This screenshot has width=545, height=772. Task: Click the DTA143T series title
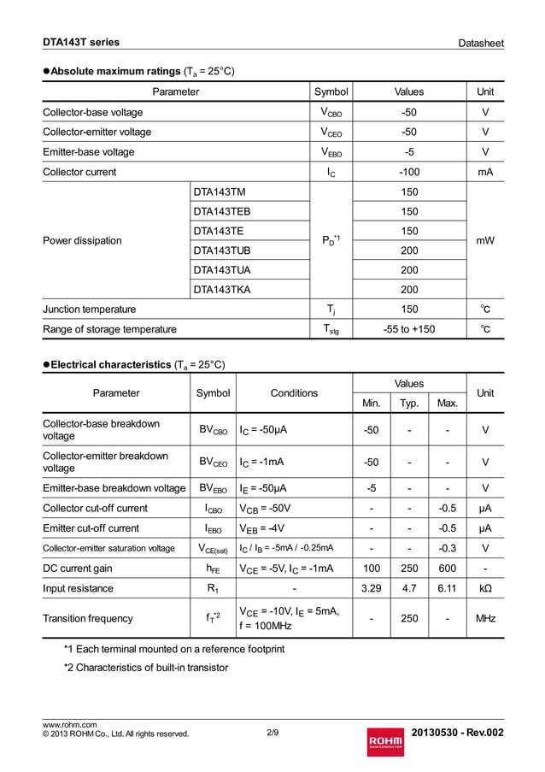(81, 42)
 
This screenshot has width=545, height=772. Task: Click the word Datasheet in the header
(480, 43)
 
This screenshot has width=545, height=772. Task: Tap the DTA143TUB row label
(222, 250)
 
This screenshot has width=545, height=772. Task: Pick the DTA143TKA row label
(222, 290)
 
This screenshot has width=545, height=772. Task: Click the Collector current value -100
(409, 172)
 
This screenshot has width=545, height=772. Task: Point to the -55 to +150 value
(409, 329)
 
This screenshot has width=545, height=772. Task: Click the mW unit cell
(485, 241)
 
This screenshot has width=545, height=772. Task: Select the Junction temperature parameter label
(89, 309)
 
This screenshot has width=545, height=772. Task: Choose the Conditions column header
(294, 393)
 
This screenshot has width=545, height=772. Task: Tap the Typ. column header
(409, 403)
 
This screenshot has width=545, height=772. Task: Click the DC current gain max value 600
(447, 569)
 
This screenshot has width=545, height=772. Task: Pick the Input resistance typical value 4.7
(409, 588)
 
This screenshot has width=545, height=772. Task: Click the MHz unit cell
(485, 618)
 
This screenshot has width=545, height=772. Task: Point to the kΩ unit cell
(485, 588)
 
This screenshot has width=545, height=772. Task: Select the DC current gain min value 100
(372, 569)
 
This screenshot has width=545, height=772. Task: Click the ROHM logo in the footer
(384, 740)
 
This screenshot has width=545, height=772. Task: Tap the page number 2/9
(272, 733)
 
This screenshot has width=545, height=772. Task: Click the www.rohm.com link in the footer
(70, 725)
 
